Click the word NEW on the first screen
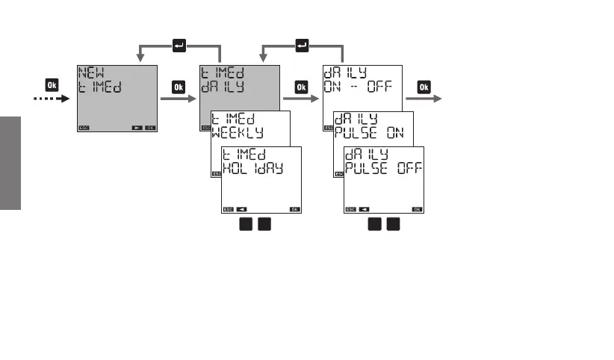click(91, 72)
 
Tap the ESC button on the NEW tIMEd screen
click(84, 128)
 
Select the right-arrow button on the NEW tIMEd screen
click(136, 128)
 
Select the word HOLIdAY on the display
click(252, 168)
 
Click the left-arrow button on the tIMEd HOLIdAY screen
click(242, 209)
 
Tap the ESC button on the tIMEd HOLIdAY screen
click(228, 209)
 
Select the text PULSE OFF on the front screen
click(382, 167)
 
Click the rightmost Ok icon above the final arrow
click(423, 86)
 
